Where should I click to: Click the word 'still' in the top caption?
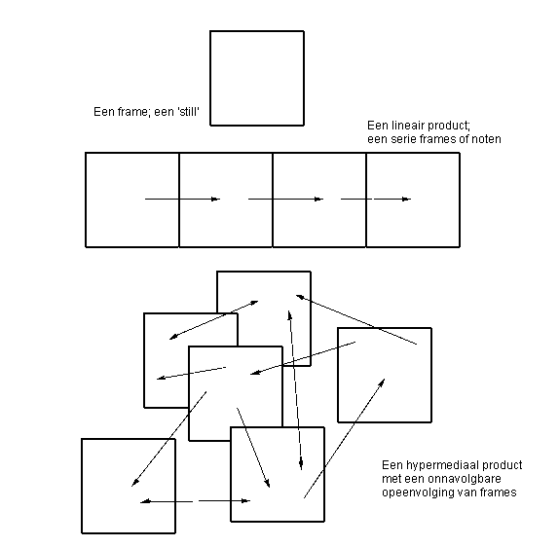coord(188,112)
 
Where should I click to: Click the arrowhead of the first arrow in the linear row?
coord(216,199)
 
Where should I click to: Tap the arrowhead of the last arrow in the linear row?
coord(407,199)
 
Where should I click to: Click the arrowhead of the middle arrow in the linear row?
coord(319,199)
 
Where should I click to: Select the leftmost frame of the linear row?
coord(86,200)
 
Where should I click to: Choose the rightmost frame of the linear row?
coord(460,200)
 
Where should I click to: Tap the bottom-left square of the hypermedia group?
coord(82,486)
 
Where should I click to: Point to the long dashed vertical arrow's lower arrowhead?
coord(301,464)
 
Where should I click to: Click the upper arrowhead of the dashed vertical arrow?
coord(290,316)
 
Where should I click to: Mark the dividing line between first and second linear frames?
coord(179,200)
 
